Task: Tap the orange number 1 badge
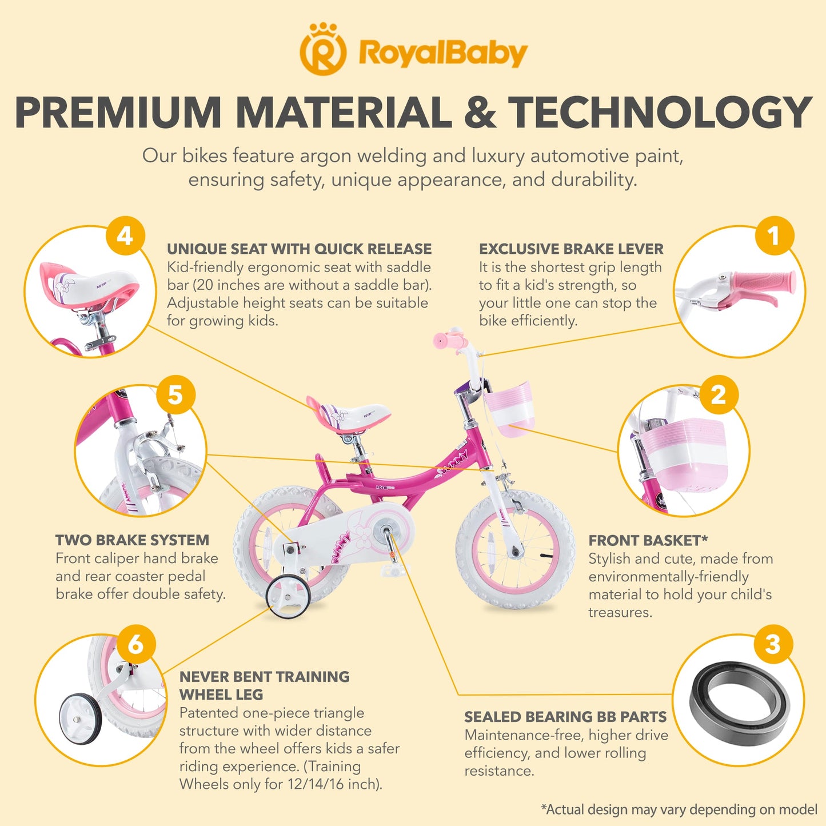[774, 236]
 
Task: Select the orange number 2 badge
[719, 394]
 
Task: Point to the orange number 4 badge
[125, 236]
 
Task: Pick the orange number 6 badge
[136, 644]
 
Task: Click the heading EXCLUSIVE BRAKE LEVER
[571, 249]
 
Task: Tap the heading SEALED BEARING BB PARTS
[565, 717]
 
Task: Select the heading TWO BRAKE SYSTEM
[132, 540]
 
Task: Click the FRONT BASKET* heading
[648, 541]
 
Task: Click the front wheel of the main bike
[515, 550]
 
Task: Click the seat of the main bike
[348, 415]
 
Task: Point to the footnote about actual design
[679, 809]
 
